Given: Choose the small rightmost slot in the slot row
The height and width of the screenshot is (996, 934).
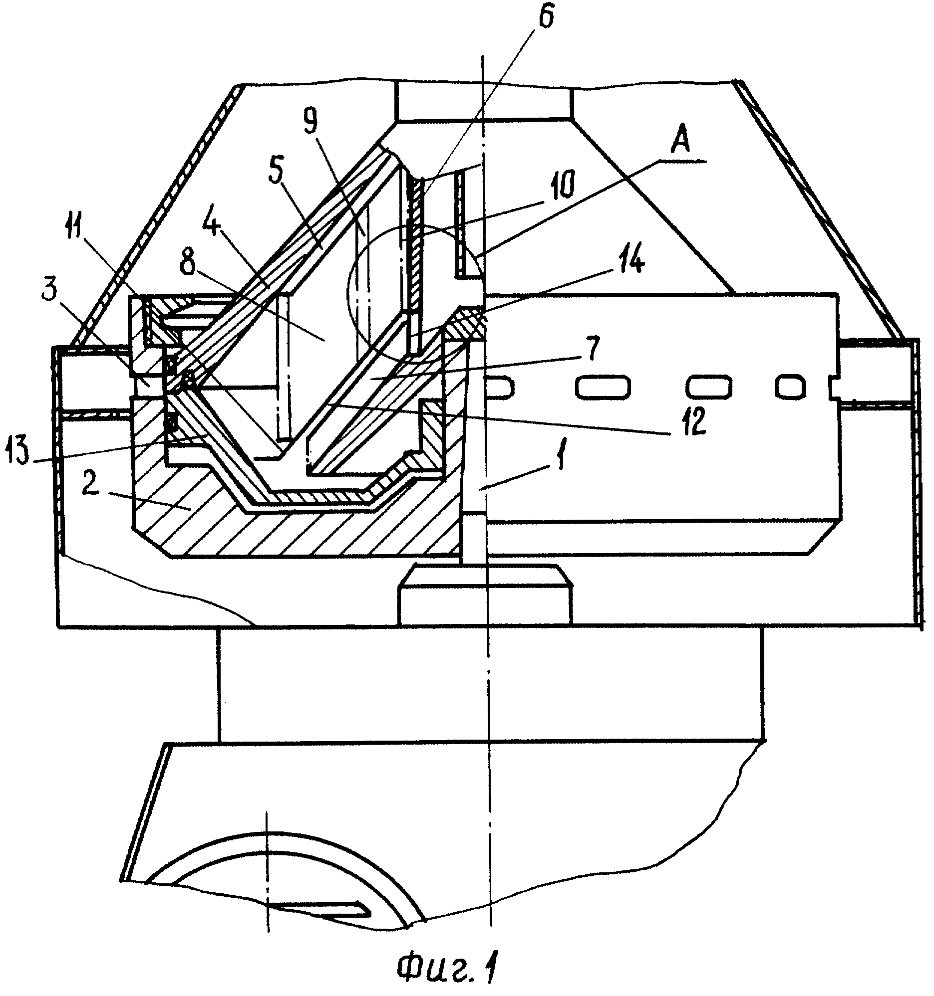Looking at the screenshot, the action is (x=791, y=386).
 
